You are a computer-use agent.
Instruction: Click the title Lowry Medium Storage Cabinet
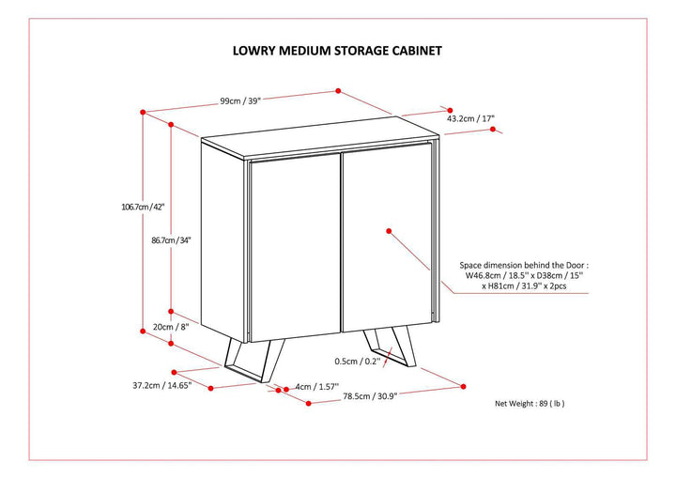click(337, 53)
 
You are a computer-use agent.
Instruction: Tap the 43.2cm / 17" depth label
click(470, 119)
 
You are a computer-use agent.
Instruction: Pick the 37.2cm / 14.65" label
click(161, 385)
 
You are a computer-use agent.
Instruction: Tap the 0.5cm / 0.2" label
click(358, 361)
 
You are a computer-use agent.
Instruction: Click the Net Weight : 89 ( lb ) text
click(530, 403)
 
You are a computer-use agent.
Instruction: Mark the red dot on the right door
click(387, 228)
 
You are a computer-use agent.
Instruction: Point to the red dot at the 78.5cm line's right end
click(462, 385)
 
